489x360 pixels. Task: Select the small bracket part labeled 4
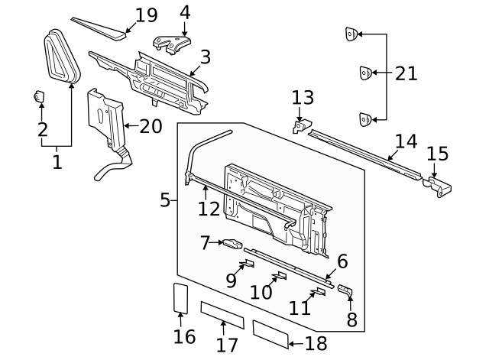coord(172,44)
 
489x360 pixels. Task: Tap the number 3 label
coord(205,57)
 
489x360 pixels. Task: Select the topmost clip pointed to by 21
coord(351,34)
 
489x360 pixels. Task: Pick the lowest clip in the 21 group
coord(365,118)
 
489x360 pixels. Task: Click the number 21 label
coord(406,73)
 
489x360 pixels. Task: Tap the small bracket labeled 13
coord(302,124)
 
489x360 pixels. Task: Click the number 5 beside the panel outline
coord(165,200)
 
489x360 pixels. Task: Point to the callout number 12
coord(209,208)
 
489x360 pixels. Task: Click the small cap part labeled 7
coord(232,244)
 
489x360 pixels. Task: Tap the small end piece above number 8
coord(346,290)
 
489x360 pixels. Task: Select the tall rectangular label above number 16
coord(180,297)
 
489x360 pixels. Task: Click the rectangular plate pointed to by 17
coord(222,314)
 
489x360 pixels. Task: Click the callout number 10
coord(261,292)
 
